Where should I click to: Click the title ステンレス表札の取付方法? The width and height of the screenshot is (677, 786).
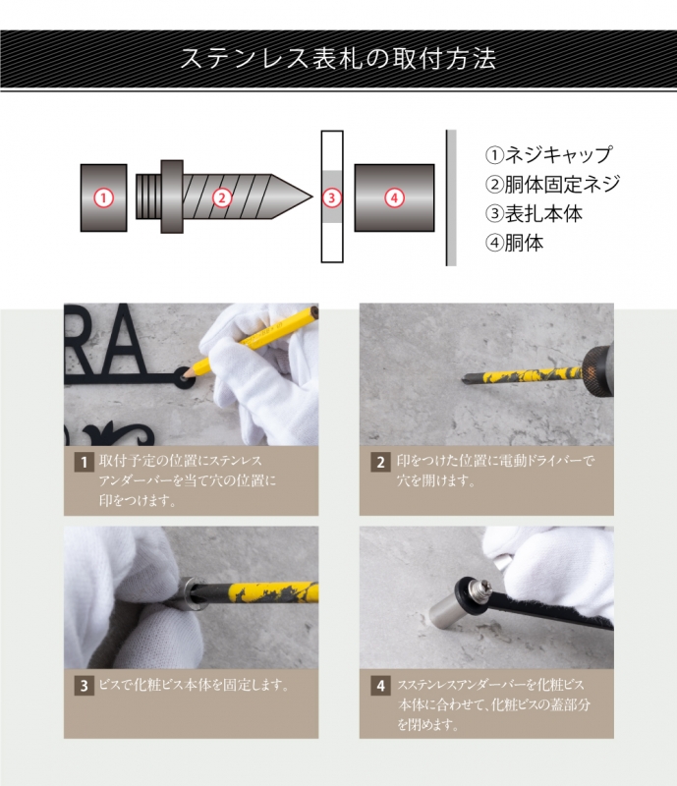(338, 57)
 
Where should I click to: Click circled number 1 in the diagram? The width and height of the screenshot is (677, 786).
(103, 197)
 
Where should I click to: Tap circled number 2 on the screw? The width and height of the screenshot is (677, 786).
(222, 197)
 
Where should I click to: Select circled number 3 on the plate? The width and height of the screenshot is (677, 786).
(332, 197)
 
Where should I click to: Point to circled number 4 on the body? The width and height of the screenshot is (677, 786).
(394, 197)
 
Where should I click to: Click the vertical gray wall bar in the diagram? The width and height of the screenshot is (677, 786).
(451, 197)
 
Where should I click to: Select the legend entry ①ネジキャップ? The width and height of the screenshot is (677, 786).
(548, 155)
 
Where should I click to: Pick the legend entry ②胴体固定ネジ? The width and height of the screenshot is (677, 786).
(552, 184)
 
